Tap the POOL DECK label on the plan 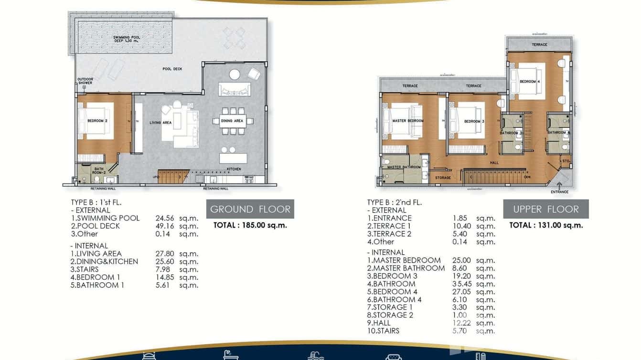[x=172, y=69]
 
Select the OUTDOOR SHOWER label [x=85, y=81]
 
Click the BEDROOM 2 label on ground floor [x=97, y=121]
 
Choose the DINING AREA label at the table [x=232, y=121]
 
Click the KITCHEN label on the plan [x=234, y=169]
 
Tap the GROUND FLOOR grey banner [x=250, y=209]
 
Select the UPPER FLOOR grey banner [x=545, y=209]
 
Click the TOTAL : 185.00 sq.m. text [x=250, y=225]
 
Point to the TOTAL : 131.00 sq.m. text [x=546, y=225]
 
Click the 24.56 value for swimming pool [x=165, y=218]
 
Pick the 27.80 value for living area [x=165, y=254]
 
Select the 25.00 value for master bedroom [x=461, y=260]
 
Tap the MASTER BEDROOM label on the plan [x=407, y=121]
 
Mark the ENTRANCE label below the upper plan [x=559, y=192]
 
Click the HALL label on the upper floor [x=494, y=163]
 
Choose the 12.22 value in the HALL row [x=461, y=323]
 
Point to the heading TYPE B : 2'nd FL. [x=395, y=202]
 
